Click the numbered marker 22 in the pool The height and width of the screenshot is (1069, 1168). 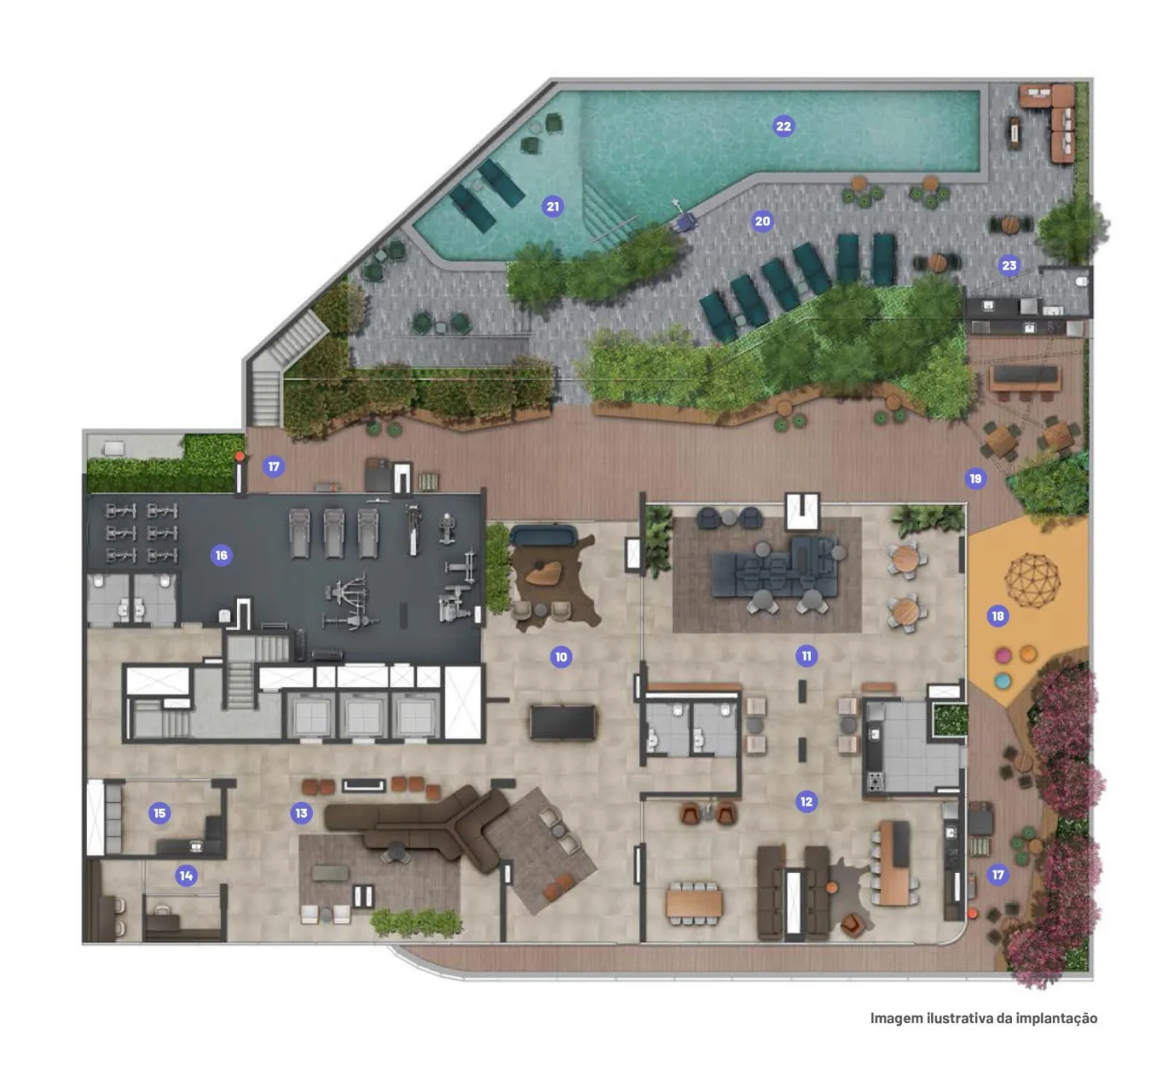[x=783, y=126]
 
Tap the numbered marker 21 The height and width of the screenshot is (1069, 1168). [x=552, y=206]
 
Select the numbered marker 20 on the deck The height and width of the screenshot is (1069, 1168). [x=763, y=221]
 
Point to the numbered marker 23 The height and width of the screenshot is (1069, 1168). [x=1009, y=265]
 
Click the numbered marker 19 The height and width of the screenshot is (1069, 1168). [x=975, y=479]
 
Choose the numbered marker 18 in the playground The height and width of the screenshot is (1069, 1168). [x=998, y=616]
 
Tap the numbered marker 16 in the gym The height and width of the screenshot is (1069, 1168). [x=221, y=555]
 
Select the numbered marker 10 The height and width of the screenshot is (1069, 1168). [x=561, y=657]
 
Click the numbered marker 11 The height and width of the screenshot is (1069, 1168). [x=807, y=656]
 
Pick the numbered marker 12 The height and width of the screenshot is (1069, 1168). [x=807, y=802]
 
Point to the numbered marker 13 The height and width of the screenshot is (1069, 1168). [x=301, y=813]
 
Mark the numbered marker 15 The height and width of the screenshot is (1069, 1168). [x=159, y=813]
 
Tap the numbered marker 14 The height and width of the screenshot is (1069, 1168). [x=186, y=875]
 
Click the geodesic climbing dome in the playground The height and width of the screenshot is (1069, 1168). [x=1032, y=580]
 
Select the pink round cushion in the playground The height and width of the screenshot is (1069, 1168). [x=1003, y=656]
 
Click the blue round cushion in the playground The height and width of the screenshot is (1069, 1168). [x=1002, y=680]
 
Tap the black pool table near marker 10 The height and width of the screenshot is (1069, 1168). [x=562, y=723]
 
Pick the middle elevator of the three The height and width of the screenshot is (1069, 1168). [x=362, y=717]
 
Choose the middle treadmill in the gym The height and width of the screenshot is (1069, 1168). [x=335, y=532]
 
